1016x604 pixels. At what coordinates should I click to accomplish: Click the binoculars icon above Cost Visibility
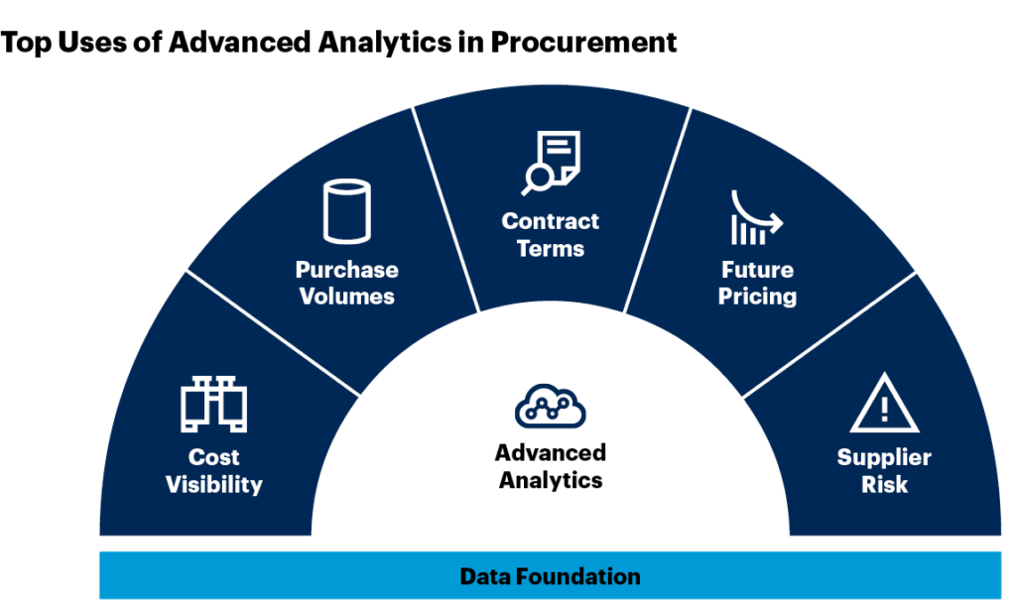coord(213,404)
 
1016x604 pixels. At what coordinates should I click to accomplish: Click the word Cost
coord(214,458)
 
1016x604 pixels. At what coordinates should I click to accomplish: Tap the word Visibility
coord(214,485)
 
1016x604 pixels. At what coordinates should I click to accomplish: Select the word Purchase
coord(346,270)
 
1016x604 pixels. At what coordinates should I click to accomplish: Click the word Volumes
coord(346,297)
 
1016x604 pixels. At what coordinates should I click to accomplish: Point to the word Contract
coord(551,221)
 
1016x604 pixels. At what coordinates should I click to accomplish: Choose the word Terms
coord(551,248)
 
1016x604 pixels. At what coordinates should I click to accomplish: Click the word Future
coord(757,270)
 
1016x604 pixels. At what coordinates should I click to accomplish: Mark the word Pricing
coord(757,297)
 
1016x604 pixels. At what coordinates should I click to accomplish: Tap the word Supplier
coord(884,458)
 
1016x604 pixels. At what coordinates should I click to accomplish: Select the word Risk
coord(884,485)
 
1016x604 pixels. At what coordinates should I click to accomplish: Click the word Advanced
coord(551,453)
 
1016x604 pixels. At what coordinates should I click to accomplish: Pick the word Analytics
coord(551,481)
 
